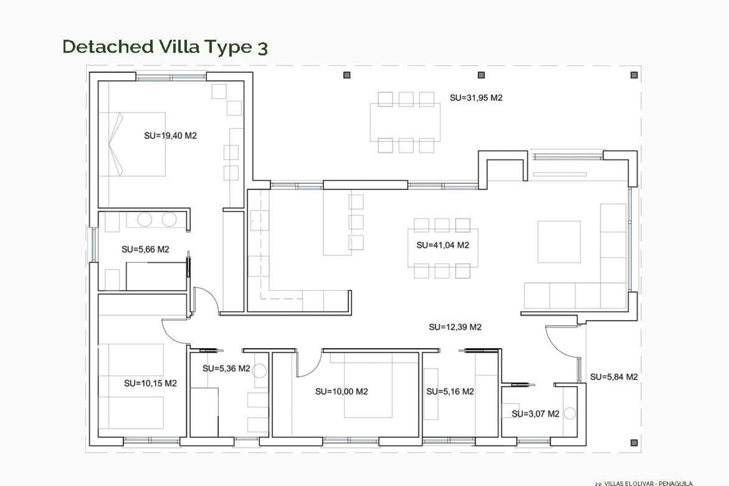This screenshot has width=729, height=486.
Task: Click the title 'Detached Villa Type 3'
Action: click(165, 47)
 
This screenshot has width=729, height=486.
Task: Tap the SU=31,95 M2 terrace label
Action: click(476, 98)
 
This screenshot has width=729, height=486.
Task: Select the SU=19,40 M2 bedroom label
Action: click(170, 136)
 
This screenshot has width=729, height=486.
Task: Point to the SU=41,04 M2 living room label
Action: click(443, 245)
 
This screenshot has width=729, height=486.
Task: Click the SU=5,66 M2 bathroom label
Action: click(145, 249)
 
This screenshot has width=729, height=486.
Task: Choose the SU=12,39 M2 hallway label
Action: click(455, 327)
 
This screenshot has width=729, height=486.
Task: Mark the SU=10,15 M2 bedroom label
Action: click(150, 383)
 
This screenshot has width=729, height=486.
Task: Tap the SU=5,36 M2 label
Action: click(226, 369)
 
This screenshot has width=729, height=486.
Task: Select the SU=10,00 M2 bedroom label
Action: click(341, 391)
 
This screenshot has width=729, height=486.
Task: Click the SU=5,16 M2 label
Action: click(450, 391)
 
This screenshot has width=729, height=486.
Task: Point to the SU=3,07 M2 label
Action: click(535, 414)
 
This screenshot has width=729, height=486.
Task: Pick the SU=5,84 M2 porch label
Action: click(614, 377)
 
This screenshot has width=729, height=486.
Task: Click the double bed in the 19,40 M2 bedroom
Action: click(133, 144)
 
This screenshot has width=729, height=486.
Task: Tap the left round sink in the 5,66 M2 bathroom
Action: click(145, 219)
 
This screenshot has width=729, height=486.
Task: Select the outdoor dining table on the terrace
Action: click(405, 122)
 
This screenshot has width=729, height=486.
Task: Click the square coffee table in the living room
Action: click(559, 242)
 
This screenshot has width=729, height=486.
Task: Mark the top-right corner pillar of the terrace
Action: click(634, 75)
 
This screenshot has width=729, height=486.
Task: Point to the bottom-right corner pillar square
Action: click(634, 443)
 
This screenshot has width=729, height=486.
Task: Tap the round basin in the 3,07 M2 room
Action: click(570, 413)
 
